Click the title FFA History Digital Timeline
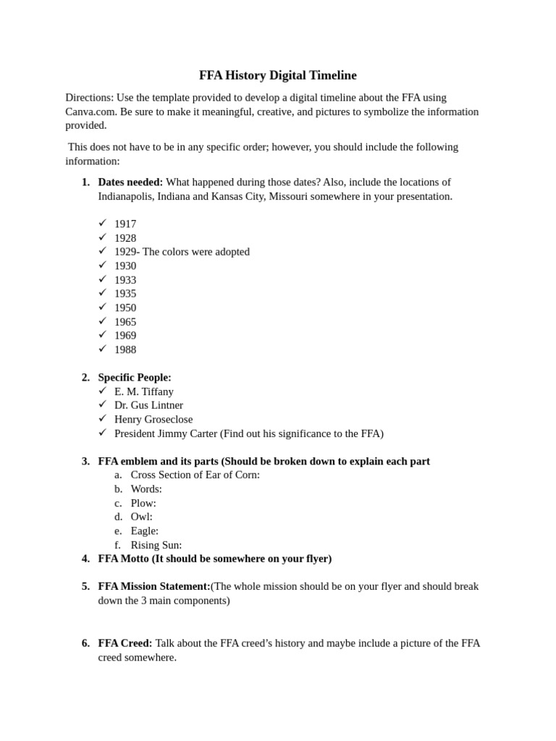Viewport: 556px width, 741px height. [278, 75]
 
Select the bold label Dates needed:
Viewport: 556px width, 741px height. [130, 182]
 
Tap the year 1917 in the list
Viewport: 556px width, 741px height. [125, 224]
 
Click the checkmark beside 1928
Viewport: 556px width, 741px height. [103, 237]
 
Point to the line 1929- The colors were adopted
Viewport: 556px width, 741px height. [182, 252]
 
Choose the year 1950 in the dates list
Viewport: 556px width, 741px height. [125, 308]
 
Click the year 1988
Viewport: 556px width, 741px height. [125, 350]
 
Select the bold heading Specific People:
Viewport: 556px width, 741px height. [135, 378]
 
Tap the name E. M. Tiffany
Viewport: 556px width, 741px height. [144, 391]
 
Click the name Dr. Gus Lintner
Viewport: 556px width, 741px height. [148, 405]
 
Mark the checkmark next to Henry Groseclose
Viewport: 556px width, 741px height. [103, 418]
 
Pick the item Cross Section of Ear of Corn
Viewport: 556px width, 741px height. [195, 475]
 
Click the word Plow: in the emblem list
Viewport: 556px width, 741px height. [143, 503]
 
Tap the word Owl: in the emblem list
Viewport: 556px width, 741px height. [141, 517]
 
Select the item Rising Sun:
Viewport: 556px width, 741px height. [156, 545]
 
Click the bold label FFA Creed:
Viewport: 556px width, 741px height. [125, 643]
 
